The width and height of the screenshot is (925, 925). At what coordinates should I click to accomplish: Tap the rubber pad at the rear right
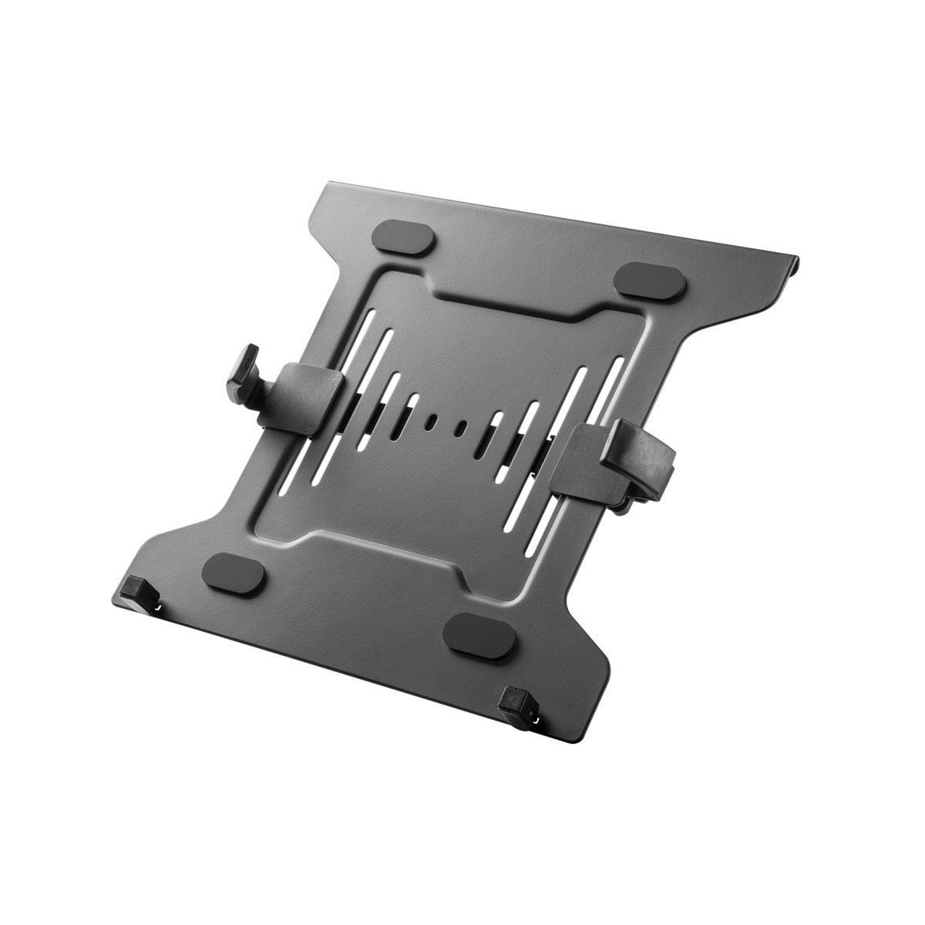pos(654,279)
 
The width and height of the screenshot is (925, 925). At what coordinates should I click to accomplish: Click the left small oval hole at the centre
pos(432,422)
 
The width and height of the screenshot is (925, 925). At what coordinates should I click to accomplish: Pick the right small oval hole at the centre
pos(460,426)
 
